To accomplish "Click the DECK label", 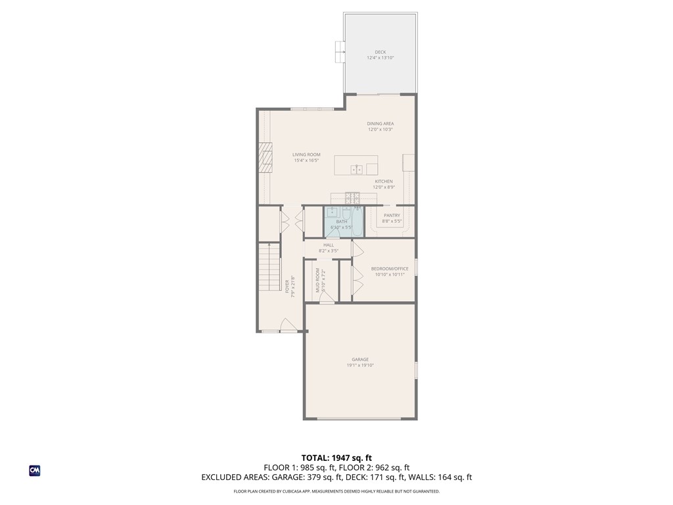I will [x=380, y=52].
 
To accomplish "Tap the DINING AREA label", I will [x=380, y=124].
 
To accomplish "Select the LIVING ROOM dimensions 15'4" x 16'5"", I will [x=306, y=160].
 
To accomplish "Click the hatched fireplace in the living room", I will [x=265, y=157].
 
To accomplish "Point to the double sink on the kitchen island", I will [x=358, y=169].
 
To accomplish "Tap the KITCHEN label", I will [x=384, y=181].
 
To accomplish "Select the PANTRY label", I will [x=392, y=215].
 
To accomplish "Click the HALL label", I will [x=329, y=245].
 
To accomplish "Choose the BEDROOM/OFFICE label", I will [x=390, y=268].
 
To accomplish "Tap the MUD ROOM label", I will [x=317, y=279].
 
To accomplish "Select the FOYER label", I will [x=287, y=287].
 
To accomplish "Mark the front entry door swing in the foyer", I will [x=287, y=325].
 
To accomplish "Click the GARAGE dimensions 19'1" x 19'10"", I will [x=360, y=365].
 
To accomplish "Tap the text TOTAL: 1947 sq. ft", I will [x=336, y=458].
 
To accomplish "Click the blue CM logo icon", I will [x=35, y=470].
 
